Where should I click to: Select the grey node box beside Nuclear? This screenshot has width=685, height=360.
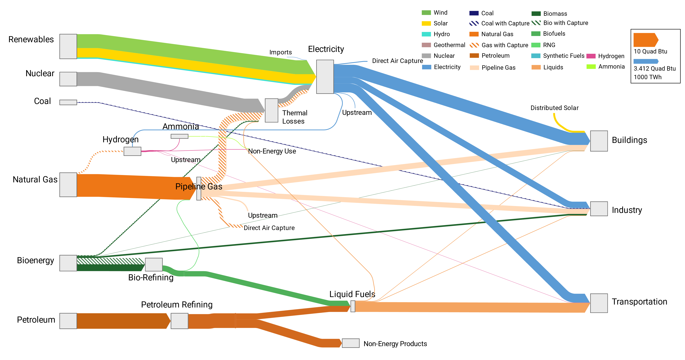[68, 79]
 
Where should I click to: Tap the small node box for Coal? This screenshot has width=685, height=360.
[68, 102]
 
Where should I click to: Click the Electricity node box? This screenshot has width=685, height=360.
[325, 77]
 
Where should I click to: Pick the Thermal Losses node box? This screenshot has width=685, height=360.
[271, 110]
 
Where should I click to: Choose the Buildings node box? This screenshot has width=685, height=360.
[599, 141]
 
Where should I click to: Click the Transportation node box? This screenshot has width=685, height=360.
[599, 303]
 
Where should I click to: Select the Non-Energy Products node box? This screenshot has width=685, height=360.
[350, 343]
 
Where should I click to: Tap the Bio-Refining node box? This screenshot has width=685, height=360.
[154, 264]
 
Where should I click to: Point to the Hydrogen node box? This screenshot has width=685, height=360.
[132, 151]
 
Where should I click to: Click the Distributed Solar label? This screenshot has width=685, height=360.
[554, 108]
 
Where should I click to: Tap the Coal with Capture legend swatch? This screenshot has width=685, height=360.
[474, 23]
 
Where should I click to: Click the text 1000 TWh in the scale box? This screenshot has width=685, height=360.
[647, 77]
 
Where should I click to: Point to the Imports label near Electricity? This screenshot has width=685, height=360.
[281, 52]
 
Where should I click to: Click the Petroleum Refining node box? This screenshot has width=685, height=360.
[179, 321]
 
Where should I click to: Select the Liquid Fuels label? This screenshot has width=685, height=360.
[352, 294]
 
